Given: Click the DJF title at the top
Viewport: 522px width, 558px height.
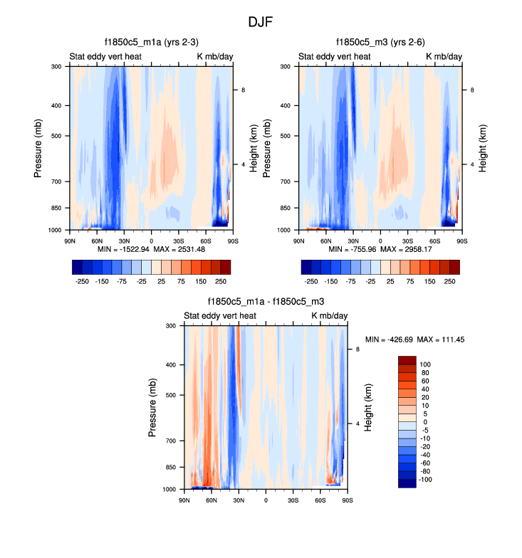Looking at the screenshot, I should click(x=261, y=22).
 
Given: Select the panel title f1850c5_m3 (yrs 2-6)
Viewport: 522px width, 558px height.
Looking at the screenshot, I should click(x=380, y=43).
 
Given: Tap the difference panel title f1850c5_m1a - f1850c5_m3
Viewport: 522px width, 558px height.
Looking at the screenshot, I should click(x=266, y=302).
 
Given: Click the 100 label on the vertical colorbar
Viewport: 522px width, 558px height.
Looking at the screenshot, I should click(x=425, y=363).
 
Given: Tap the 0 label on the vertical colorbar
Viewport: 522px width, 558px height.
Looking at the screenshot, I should click(x=424, y=421).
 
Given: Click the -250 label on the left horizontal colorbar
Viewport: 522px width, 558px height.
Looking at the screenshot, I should click(x=81, y=281).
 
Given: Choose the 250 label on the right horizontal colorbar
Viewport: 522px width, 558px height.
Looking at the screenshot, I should click(x=450, y=281).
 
